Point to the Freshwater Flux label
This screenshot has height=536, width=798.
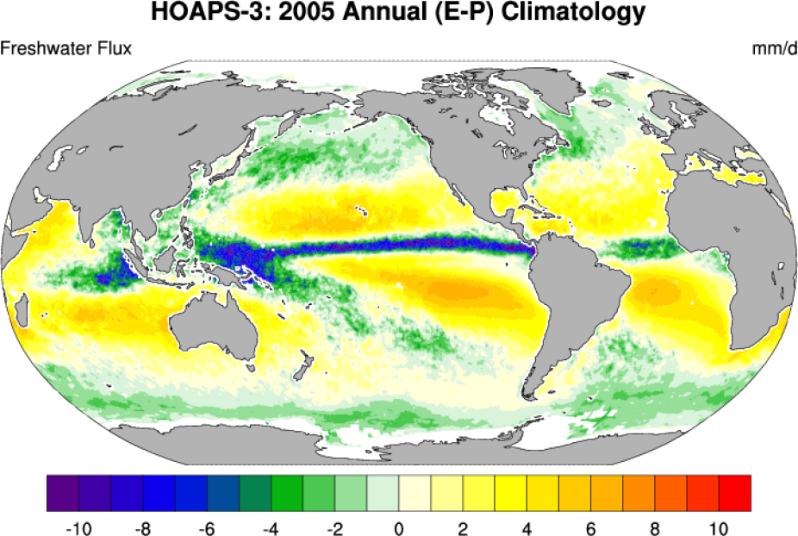coord(66,48)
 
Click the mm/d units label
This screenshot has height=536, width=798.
coord(774,48)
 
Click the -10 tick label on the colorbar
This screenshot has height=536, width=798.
coord(78,526)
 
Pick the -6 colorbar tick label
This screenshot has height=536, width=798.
coord(207,526)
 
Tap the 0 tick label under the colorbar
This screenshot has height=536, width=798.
coord(399,526)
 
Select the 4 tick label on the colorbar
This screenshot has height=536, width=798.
coord(527,526)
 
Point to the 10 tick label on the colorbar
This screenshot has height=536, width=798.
coord(720,526)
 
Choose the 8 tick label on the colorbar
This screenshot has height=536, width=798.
coord(656,526)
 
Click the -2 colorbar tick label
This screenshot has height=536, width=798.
coord(335,526)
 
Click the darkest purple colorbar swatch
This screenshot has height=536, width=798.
coord(63,493)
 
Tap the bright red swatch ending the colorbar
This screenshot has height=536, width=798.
coord(735,493)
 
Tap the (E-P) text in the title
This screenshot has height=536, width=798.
coord(446,13)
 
